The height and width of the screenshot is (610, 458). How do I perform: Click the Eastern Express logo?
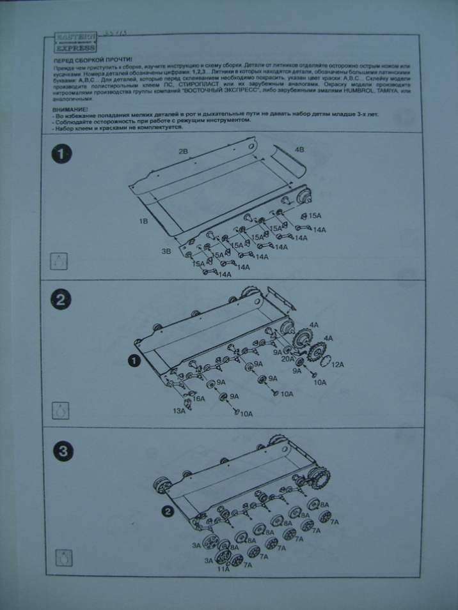(x=75, y=42)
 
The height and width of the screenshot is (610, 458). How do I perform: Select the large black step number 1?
(x=62, y=155)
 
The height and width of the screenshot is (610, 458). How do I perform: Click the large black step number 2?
(x=62, y=300)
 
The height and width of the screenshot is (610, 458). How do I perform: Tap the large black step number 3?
(x=62, y=452)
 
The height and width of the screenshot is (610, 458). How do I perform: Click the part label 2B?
(x=183, y=153)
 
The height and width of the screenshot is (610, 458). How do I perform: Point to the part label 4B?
(x=299, y=149)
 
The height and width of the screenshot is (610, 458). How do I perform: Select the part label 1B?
(x=144, y=221)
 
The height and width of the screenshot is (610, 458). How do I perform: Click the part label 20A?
(x=287, y=359)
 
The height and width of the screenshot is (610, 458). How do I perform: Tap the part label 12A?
(x=337, y=364)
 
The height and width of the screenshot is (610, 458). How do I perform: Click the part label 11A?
(x=223, y=568)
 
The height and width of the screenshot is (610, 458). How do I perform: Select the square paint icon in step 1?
(x=59, y=261)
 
